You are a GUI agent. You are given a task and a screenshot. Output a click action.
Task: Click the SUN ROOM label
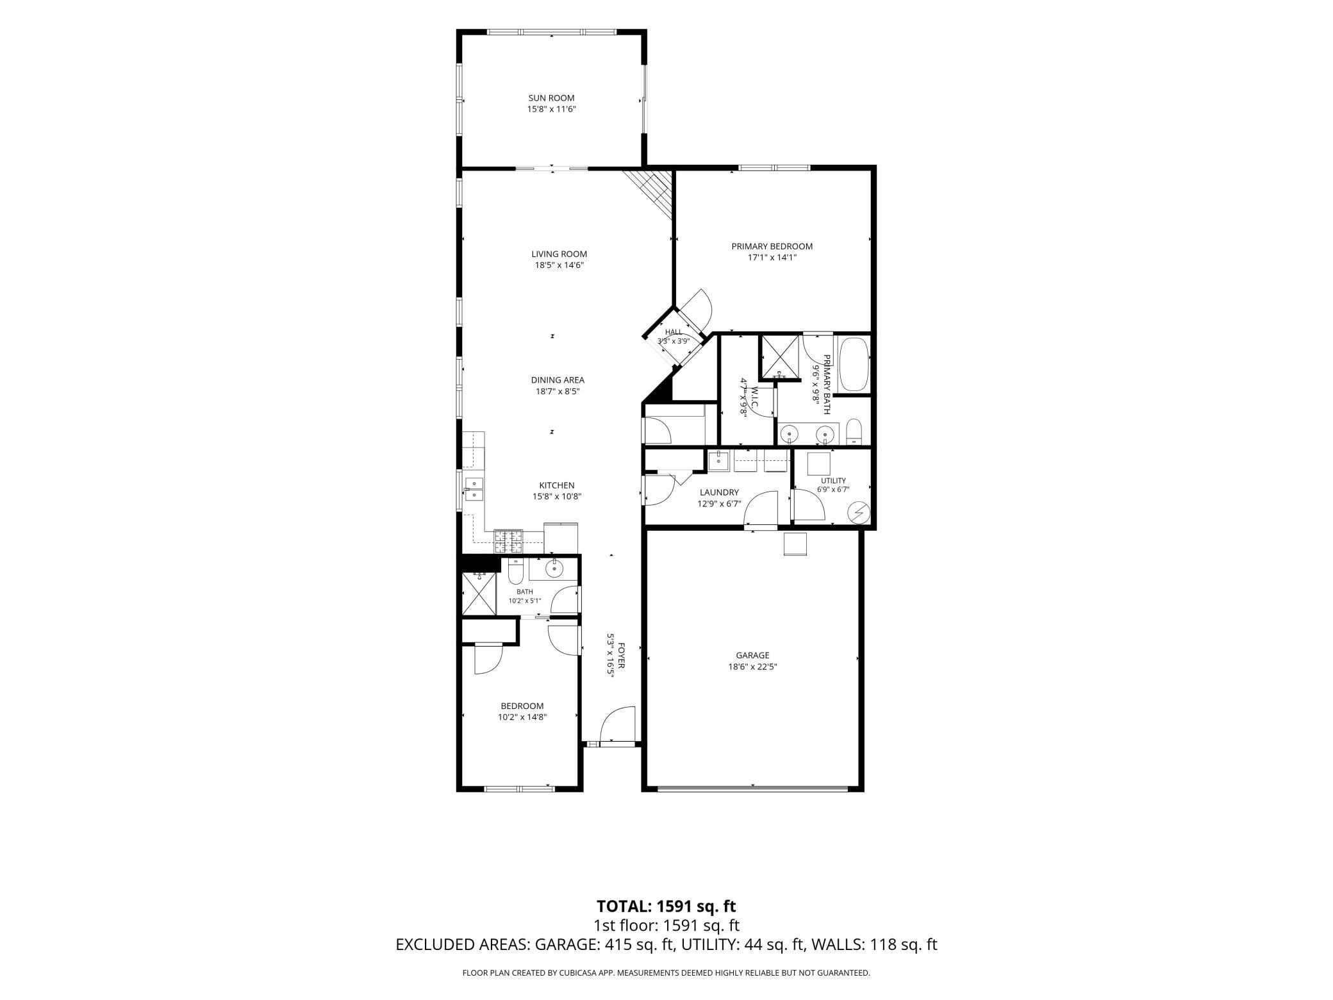coord(551,98)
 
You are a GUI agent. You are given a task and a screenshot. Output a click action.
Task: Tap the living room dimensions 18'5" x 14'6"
coord(559,265)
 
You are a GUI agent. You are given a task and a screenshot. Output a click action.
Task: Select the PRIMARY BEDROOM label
coord(772,246)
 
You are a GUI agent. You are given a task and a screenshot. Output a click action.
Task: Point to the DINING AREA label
coord(558,380)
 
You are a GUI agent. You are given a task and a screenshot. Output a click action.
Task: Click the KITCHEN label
coord(557,485)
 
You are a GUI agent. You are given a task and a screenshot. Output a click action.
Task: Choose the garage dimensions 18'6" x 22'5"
coord(752,667)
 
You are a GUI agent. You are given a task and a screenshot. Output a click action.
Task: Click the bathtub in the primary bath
coord(853,365)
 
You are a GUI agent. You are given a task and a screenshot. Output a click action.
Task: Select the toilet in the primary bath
coord(854,431)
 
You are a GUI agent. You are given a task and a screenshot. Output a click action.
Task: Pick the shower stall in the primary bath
coord(780,356)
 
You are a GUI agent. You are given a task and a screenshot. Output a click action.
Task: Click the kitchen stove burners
coord(508,542)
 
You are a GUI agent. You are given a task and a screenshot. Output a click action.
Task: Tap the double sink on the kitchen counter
coord(474,488)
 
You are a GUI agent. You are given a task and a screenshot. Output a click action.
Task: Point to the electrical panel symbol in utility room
coord(858,513)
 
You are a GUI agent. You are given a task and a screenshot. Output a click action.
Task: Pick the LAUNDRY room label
coord(719,492)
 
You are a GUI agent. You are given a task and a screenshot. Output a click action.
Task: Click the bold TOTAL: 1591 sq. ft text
coord(666,906)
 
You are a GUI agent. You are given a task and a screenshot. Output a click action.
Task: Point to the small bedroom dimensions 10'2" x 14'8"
coord(522,717)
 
